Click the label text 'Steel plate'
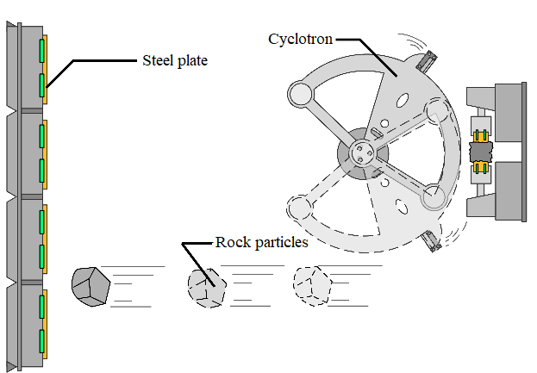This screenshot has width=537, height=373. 174,61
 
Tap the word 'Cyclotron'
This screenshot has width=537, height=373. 299,39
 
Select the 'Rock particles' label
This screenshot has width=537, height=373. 261,243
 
